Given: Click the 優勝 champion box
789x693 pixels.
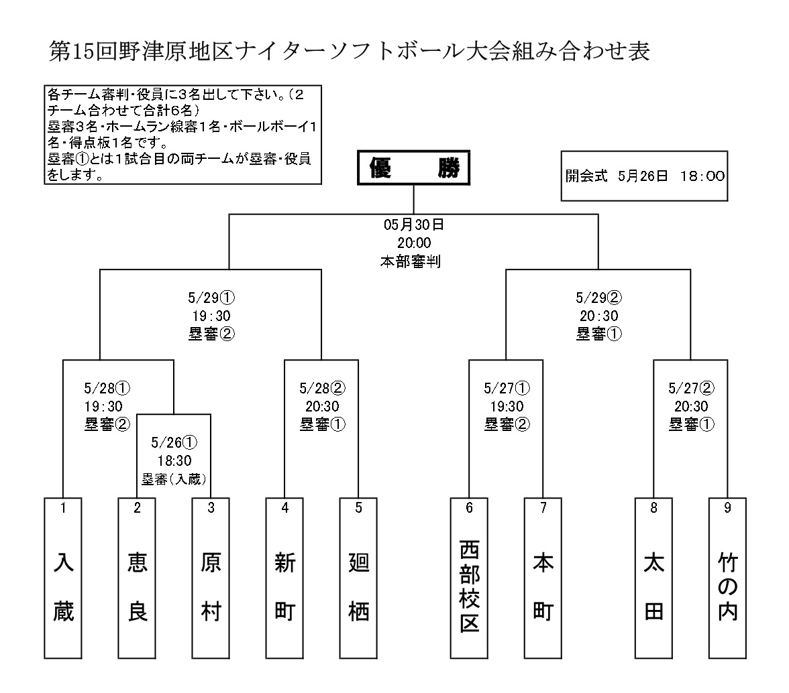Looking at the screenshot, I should (x=413, y=170).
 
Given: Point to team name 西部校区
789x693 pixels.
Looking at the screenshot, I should (x=470, y=586).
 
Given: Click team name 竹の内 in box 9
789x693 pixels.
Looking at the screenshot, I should (x=727, y=586).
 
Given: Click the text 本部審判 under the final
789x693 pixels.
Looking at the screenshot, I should (x=413, y=261).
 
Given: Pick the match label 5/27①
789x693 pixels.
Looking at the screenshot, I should (x=507, y=389).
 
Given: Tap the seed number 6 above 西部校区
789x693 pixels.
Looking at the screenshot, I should (x=470, y=508).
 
